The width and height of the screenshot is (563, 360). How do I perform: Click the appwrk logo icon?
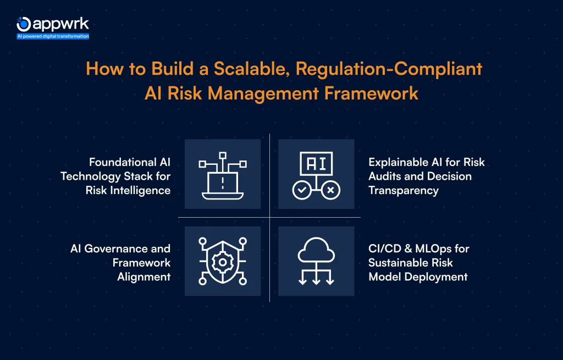[x=24, y=24]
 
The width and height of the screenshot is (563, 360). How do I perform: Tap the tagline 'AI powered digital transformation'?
[x=53, y=36]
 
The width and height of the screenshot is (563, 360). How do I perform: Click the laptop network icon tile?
[x=223, y=174]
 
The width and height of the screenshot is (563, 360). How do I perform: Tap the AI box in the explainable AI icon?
[x=316, y=163]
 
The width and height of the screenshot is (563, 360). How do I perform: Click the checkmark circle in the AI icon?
[x=301, y=190]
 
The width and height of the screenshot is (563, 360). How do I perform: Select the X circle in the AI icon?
[x=330, y=190]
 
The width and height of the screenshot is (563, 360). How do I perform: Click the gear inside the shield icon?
[x=223, y=262]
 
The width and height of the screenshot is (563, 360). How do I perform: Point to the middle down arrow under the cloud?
[x=316, y=278]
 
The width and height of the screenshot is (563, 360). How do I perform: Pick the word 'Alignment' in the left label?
[x=144, y=276]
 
